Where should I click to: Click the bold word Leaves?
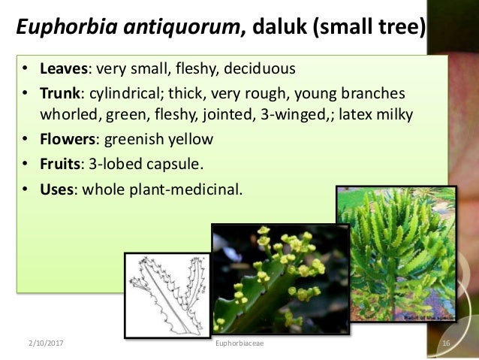pos(64,70)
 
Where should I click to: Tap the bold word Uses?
pos(57,188)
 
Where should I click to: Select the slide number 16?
pos(446,343)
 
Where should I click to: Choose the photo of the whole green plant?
pos(396,252)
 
